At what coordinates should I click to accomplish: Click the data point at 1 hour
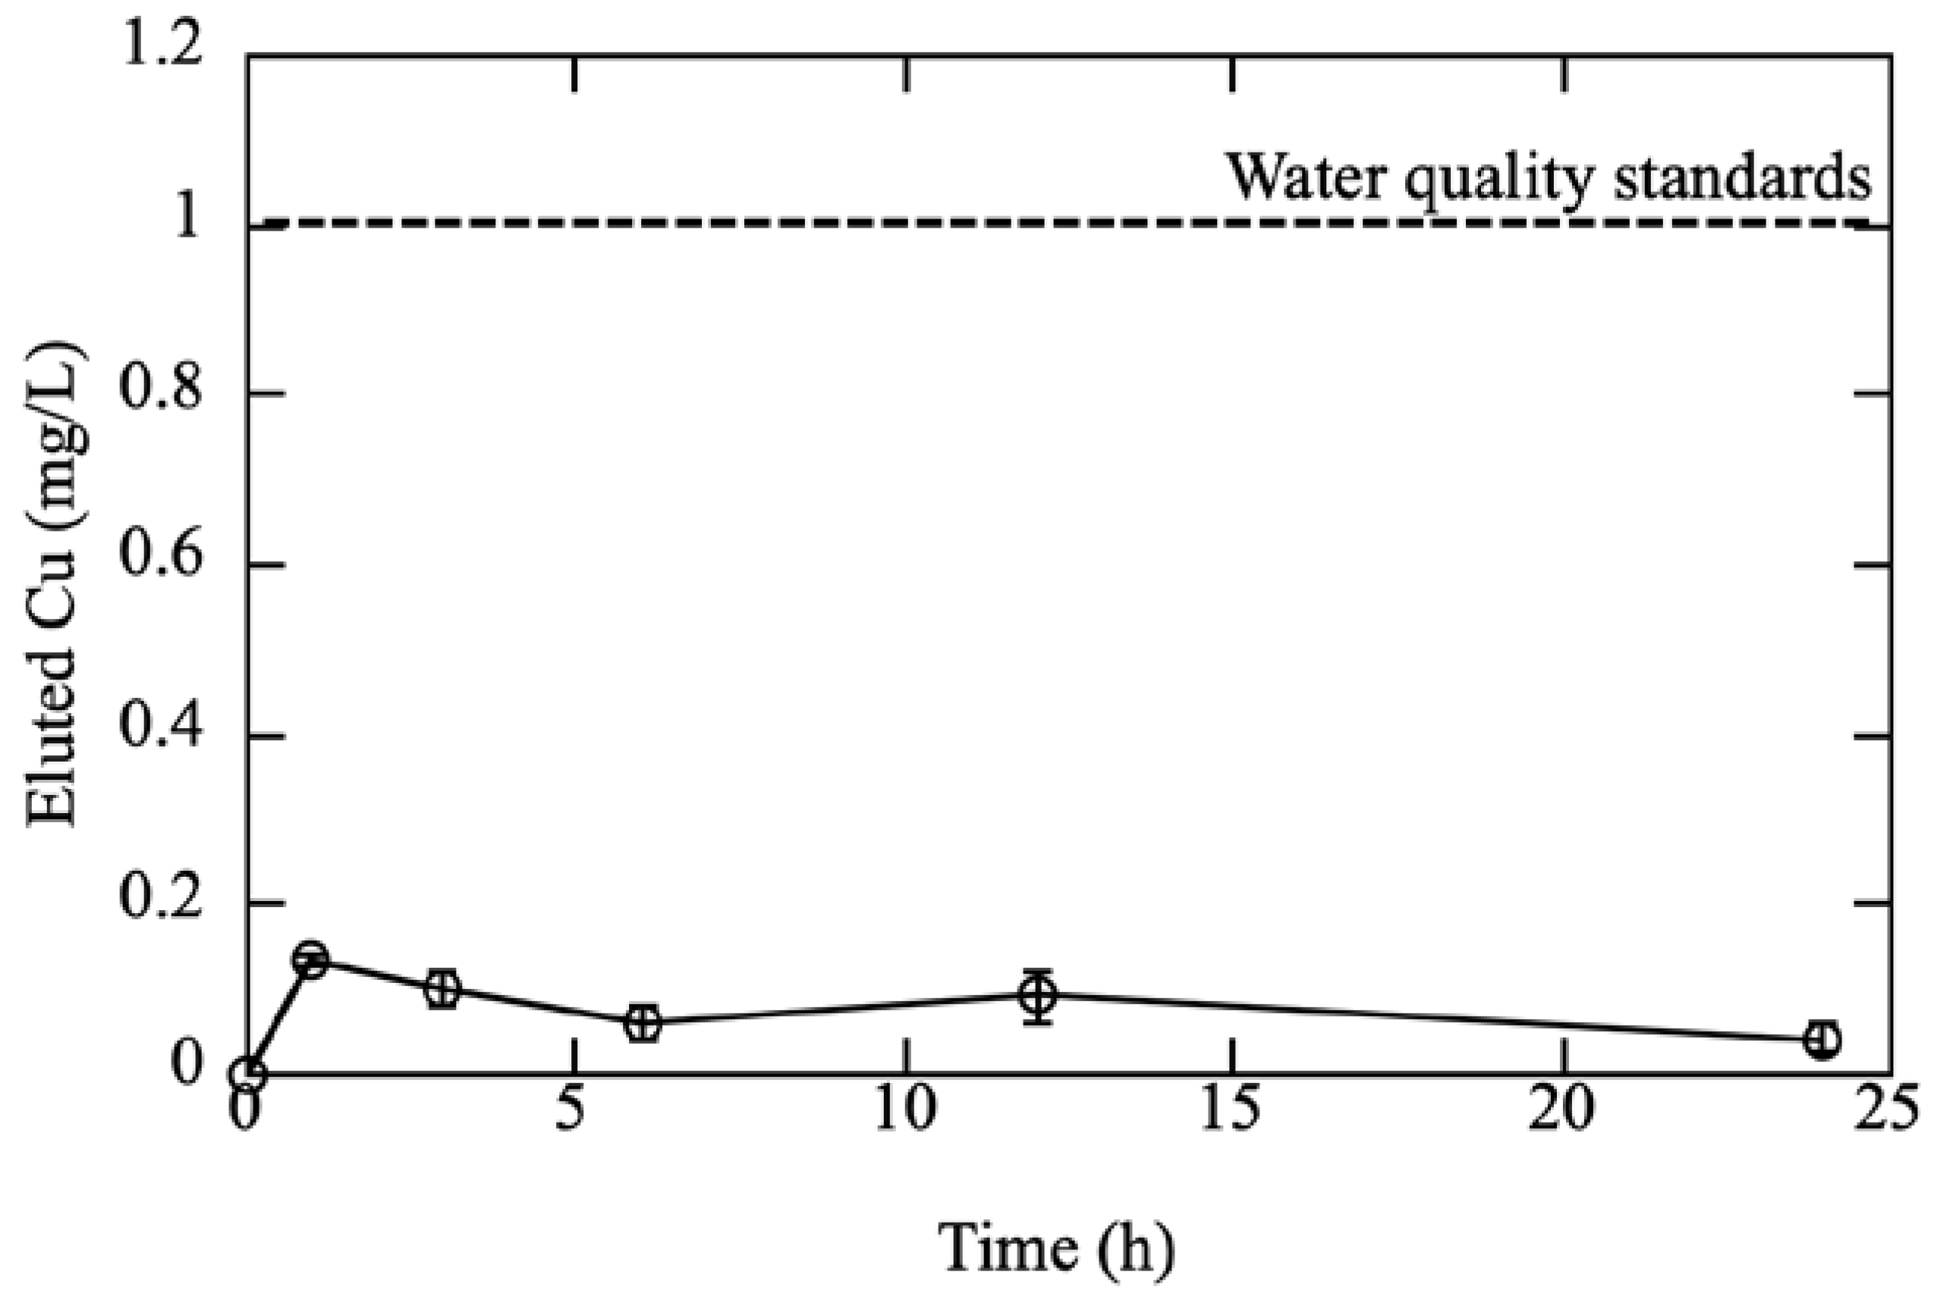[311, 959]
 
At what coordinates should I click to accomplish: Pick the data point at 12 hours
[1038, 995]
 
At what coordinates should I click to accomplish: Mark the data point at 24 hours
[1822, 1040]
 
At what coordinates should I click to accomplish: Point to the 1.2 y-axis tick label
[162, 48]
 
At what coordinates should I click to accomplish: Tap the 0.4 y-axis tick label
[162, 730]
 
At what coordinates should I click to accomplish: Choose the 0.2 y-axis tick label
[162, 900]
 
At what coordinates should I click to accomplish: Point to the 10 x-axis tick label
[904, 1110]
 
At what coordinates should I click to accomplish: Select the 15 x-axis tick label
[1231, 1110]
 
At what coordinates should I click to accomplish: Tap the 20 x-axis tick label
[1561, 1110]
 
